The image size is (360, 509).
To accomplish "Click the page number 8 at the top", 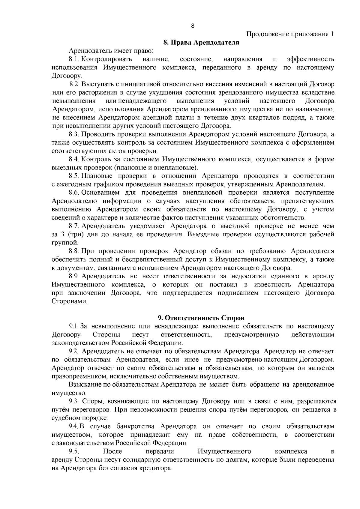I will click(x=193, y=26).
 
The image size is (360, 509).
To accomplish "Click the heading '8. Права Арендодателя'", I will click(x=201, y=43).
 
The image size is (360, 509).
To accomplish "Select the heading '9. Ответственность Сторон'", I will click(x=201, y=318).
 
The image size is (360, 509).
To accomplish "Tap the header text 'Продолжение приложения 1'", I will click(x=290, y=34).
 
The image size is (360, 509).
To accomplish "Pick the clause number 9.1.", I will click(x=74, y=326).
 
